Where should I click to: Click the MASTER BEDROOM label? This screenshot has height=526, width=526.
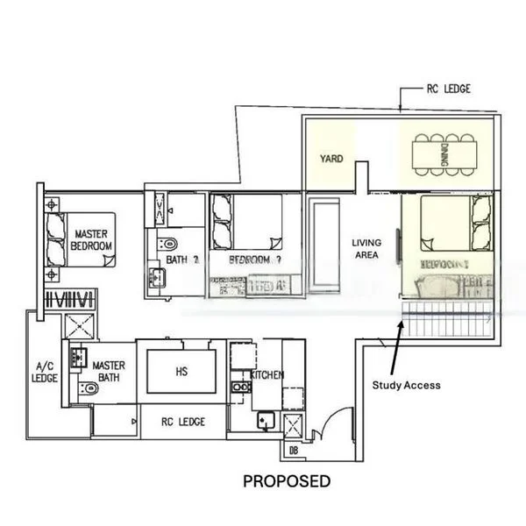click(x=92, y=240)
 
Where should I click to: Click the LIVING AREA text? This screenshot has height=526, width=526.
click(x=365, y=249)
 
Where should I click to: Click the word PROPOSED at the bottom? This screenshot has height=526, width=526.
click(x=287, y=481)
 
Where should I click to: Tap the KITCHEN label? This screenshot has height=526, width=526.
click(x=267, y=375)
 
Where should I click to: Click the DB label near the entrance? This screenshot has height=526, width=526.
click(x=292, y=451)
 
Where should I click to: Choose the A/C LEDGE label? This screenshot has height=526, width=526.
click(x=44, y=373)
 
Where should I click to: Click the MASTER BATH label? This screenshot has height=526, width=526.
click(x=110, y=372)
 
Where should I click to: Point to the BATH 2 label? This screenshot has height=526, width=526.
click(x=183, y=260)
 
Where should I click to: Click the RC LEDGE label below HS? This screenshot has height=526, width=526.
click(x=183, y=422)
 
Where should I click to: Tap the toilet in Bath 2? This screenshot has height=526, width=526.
click(x=167, y=242)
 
